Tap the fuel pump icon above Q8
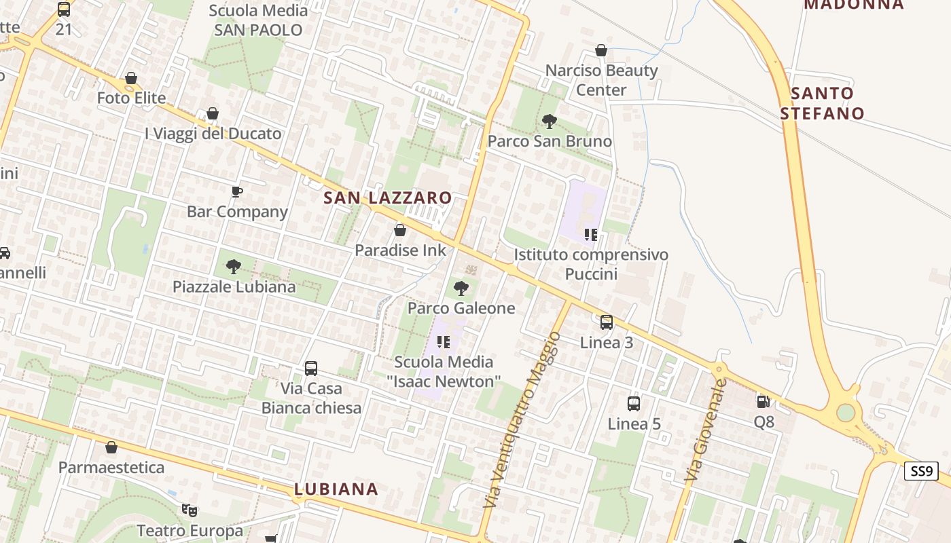point(763,401)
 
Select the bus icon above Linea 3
point(606,322)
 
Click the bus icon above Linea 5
point(633,404)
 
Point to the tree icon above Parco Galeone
point(461,288)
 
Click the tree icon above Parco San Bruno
point(549,121)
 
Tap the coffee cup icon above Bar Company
point(236,192)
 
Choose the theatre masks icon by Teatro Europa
point(189,509)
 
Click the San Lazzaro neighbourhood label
point(387,198)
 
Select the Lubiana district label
point(336,489)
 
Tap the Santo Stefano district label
point(821,103)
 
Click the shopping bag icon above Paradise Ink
point(400,231)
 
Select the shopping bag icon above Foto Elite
point(131,79)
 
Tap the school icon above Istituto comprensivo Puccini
point(590,235)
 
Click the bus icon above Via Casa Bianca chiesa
point(311,369)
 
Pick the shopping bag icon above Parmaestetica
point(111,448)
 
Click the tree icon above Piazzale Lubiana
point(234,267)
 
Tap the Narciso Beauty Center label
point(601,80)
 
